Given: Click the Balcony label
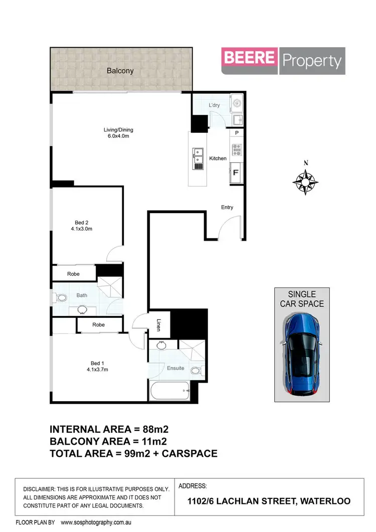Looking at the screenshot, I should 120,71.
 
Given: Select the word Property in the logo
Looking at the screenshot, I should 312,61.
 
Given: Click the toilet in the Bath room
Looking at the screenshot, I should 61,298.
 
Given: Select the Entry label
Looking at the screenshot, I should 227,207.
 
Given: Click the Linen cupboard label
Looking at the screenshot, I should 158,325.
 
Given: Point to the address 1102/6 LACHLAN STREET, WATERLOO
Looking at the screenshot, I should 269,501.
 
